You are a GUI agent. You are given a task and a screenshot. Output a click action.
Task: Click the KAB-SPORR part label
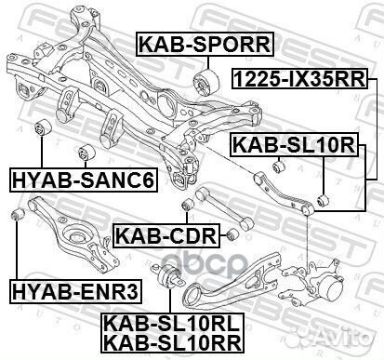tap(205, 43)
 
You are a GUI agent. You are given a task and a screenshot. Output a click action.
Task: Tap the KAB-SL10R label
tap(294, 144)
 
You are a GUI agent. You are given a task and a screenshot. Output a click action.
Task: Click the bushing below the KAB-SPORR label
tap(205, 85)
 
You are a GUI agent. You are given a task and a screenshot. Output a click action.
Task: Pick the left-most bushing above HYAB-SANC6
tap(42, 127)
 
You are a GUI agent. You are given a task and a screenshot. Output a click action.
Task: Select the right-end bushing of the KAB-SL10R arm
tap(322, 198)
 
